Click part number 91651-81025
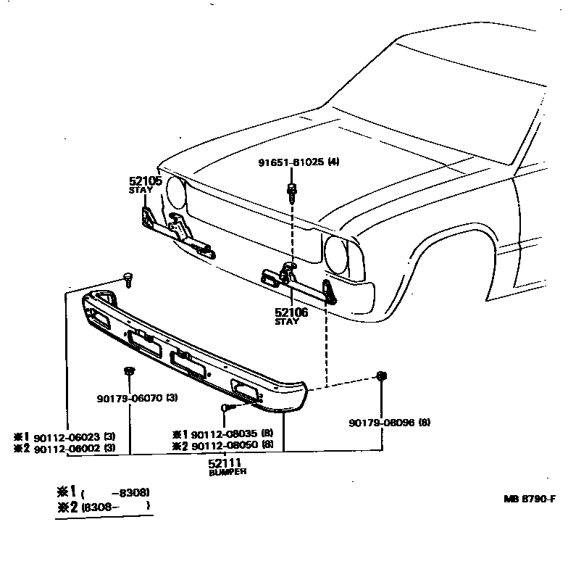pos(292,162)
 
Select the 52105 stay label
pos(146,181)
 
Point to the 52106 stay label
pos(291,312)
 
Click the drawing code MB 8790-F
pos(530,499)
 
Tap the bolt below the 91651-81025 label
pos(291,191)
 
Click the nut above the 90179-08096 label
pos(380,376)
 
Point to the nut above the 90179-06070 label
pos(130,373)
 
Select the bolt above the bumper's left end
pos(128,276)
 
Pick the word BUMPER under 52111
pos(227,471)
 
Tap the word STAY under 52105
pos(141,190)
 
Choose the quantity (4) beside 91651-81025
pos(333,162)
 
